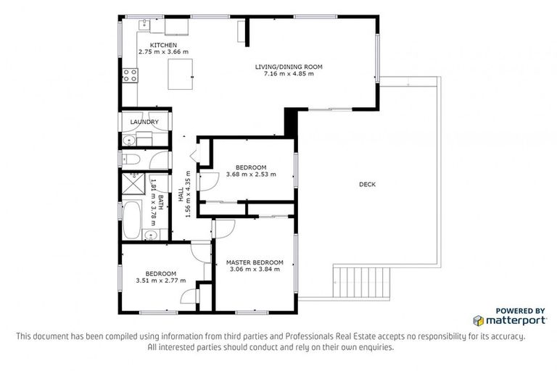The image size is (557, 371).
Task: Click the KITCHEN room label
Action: coord(163,45)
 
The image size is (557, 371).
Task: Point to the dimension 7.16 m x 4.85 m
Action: coord(288,74)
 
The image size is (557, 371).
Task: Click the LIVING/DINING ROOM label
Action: coord(288,67)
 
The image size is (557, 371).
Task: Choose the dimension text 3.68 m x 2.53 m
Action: coord(251,175)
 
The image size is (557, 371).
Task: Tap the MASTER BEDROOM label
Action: coord(254,262)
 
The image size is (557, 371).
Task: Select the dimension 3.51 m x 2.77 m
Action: coord(160,280)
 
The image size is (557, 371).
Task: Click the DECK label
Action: coord(367,185)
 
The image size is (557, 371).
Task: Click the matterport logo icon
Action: coord(478,320)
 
